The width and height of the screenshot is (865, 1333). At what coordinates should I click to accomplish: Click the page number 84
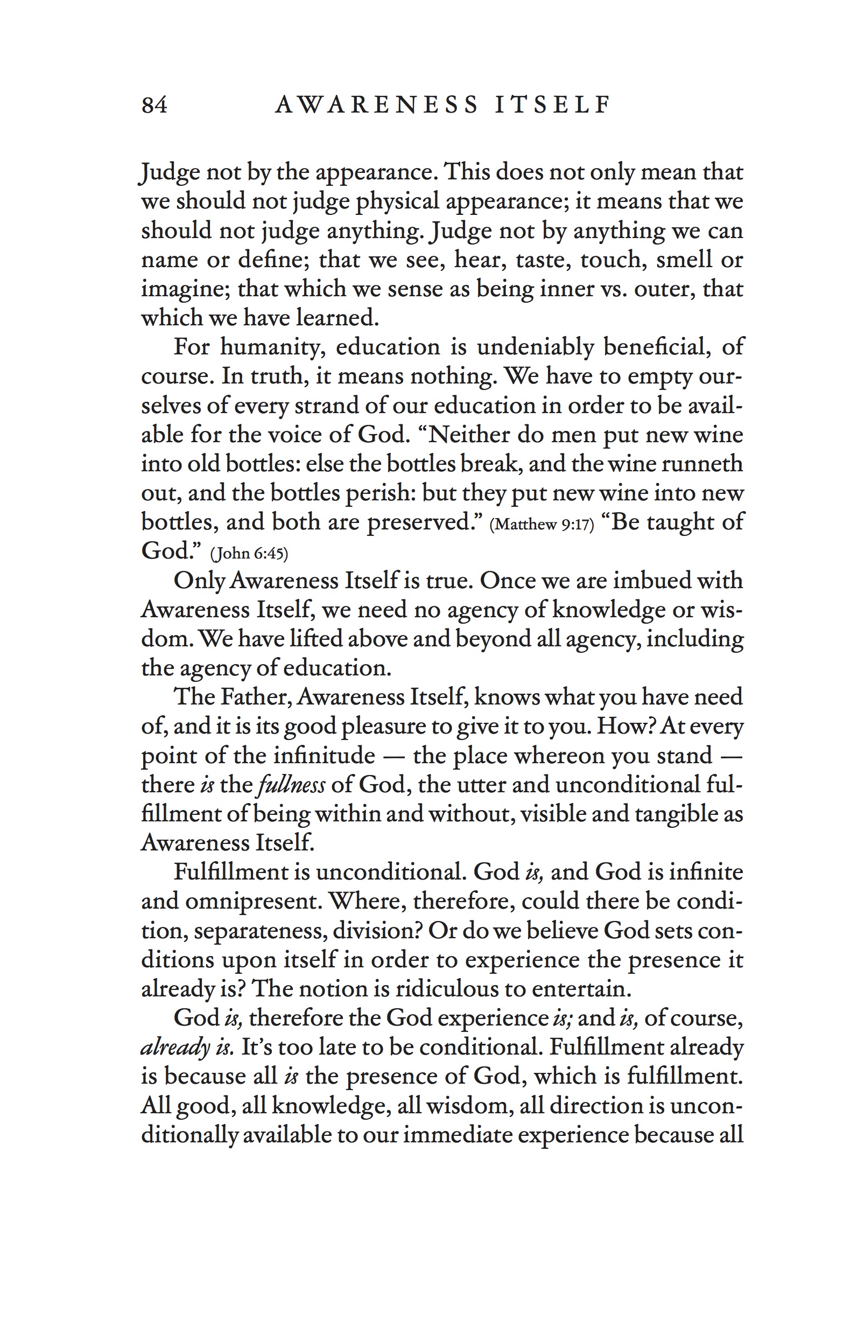(x=154, y=104)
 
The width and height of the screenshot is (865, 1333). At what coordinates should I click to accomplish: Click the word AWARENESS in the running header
(x=377, y=104)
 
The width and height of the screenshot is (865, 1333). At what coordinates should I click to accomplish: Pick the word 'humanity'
(x=273, y=347)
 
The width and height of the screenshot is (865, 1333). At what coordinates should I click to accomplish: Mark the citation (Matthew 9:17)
(x=541, y=525)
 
